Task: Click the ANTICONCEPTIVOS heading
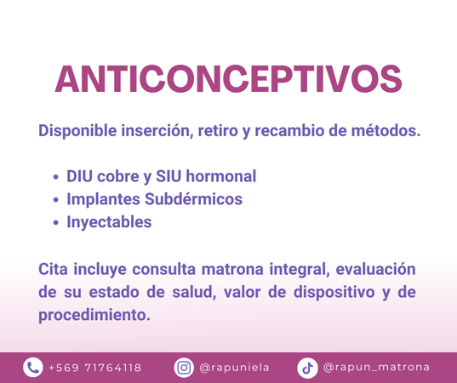[228, 78]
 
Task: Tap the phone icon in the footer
[33, 368]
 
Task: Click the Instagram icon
[184, 368]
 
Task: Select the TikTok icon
[307, 368]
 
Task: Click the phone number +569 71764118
[94, 368]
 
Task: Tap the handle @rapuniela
[234, 368]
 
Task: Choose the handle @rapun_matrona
[376, 368]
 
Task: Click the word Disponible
[77, 130]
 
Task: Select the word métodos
[386, 130]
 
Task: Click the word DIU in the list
[79, 176]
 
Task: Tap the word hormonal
[221, 176]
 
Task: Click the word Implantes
[104, 199]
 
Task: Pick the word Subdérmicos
[193, 199]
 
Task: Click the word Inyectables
[109, 222]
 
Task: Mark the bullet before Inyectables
[56, 223]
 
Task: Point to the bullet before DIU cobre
[56, 177]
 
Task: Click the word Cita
[53, 269]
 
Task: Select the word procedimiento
[94, 315]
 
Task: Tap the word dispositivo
[334, 292]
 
